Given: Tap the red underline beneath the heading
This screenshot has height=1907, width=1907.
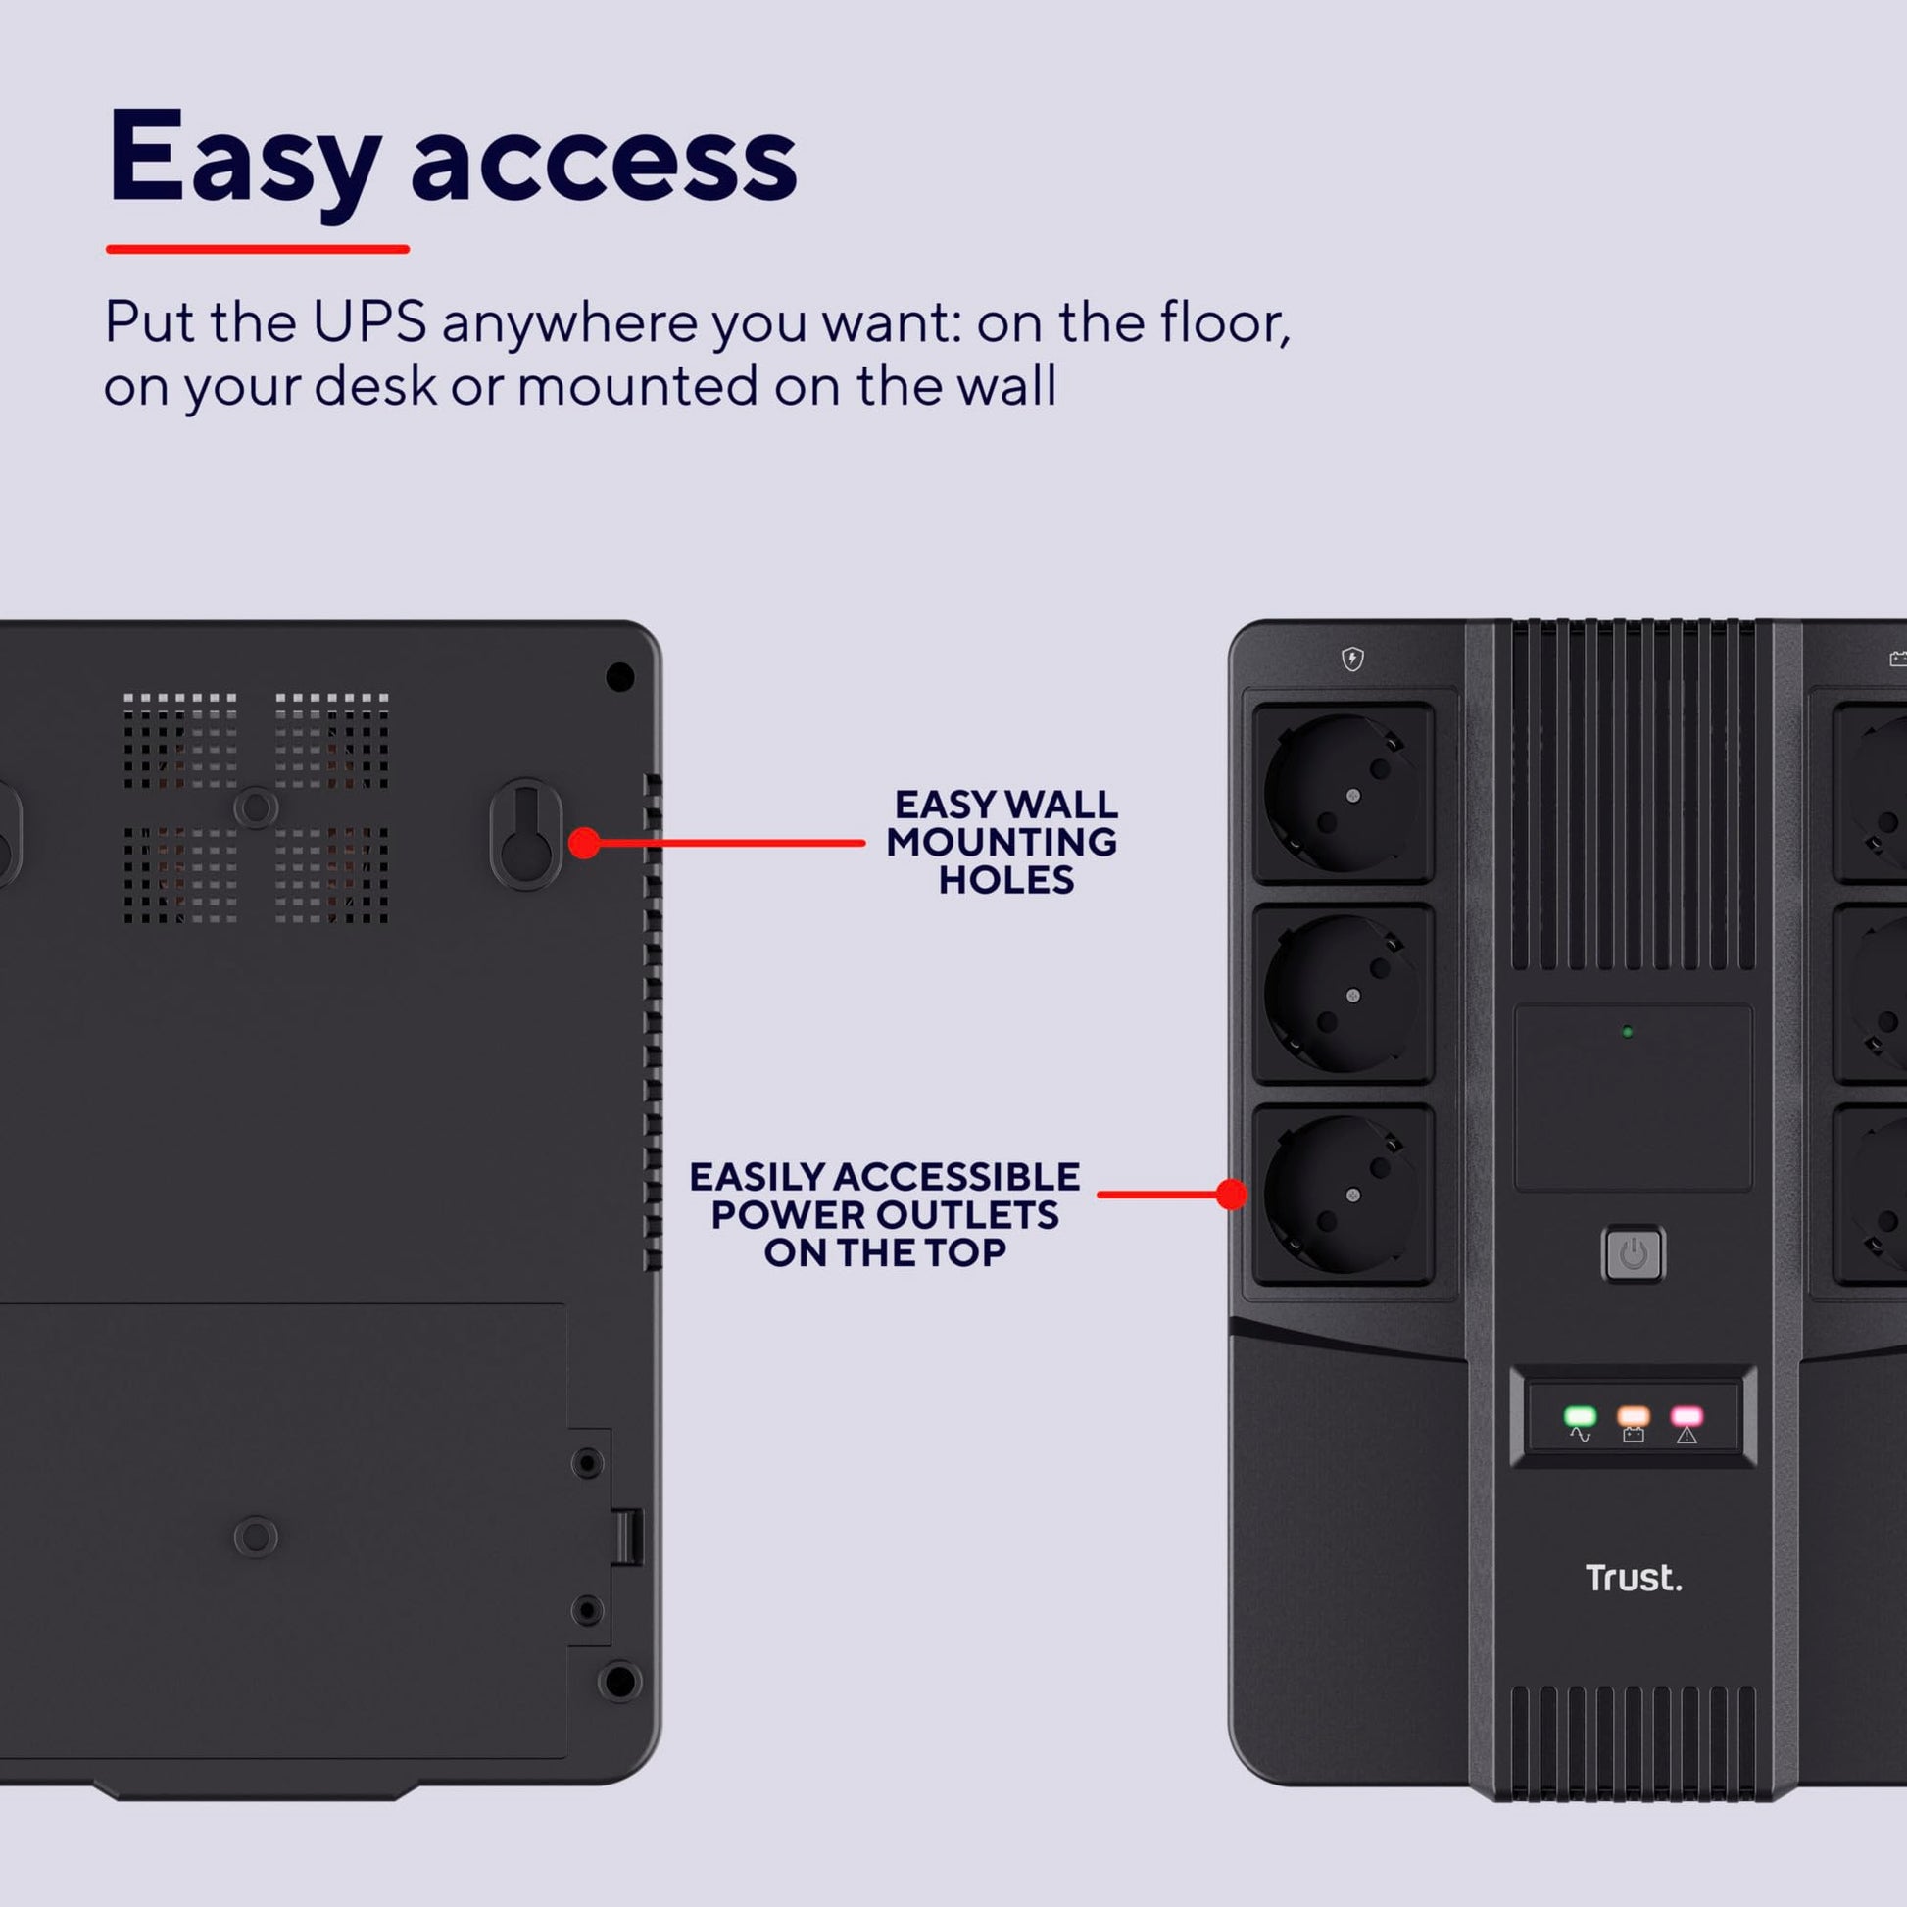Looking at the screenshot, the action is click(258, 249).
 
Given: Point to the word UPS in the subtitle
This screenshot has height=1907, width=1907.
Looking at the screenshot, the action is click(369, 321).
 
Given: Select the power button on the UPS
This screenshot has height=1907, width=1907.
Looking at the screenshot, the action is click(1633, 1253).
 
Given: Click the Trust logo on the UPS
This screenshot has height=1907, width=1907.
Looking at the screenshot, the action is click(1634, 1578).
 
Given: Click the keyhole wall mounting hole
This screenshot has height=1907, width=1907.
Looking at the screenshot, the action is click(526, 834).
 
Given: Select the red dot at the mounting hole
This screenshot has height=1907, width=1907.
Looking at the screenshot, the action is click(584, 843).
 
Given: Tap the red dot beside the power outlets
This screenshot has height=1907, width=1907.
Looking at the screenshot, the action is click(1231, 1195).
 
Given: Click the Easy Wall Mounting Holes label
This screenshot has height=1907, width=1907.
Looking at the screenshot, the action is click(1002, 842).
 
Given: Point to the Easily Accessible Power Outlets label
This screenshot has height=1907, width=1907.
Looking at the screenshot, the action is click(884, 1214).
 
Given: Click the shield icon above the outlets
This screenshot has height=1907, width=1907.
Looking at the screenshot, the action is click(1352, 659).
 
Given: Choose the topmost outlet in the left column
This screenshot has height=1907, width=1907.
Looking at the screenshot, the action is click(1344, 793).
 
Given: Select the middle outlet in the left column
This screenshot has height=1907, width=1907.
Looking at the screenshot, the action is click(1344, 993).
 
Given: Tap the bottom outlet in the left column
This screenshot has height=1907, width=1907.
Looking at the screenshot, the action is click(1344, 1195).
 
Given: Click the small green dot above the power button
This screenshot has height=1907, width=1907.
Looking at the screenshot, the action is click(1627, 1033).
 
